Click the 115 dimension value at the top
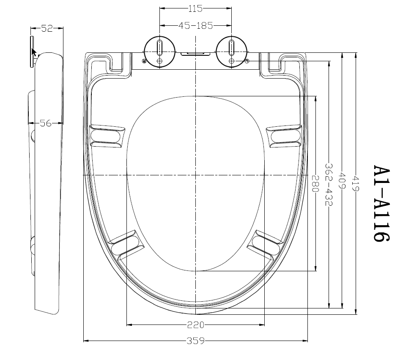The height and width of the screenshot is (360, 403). click(195, 8)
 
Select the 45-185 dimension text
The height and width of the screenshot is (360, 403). click(196, 25)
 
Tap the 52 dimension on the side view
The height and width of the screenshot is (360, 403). click(47, 28)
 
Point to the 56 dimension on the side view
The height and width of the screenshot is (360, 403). click(46, 123)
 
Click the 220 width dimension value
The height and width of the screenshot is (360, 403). click(196, 325)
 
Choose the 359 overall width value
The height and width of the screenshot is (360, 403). click(196, 341)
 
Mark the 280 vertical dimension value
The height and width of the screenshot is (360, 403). click(315, 184)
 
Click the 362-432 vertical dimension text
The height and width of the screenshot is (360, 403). click(329, 185)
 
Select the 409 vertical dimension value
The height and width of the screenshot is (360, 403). click(342, 180)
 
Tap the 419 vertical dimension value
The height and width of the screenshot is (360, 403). click(355, 183)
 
